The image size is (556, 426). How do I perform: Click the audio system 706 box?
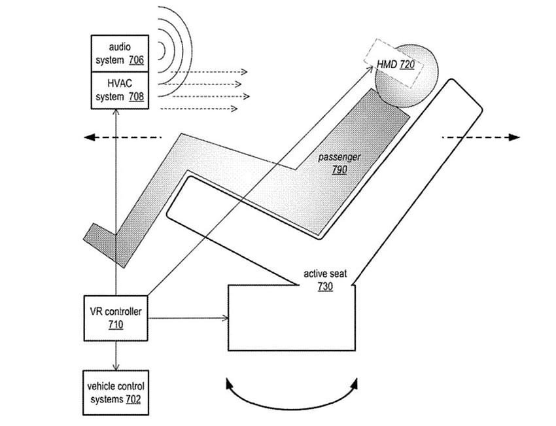tap(120, 54)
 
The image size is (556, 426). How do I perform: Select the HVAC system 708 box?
tap(120, 90)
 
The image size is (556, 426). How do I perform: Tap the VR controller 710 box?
tap(116, 318)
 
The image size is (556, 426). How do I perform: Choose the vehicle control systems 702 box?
tap(116, 393)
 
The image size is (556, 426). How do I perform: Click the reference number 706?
tap(136, 60)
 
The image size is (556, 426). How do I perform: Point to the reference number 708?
tap(136, 96)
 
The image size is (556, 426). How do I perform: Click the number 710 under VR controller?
tap(116, 325)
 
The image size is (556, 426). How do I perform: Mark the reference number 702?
tap(133, 399)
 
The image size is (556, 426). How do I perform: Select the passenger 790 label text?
tap(339, 163)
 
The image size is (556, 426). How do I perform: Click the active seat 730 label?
tap(325, 280)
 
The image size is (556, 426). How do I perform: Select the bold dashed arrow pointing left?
tap(123, 137)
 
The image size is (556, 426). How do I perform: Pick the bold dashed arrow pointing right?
tap(481, 137)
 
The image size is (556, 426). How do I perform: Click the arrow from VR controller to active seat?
tap(188, 318)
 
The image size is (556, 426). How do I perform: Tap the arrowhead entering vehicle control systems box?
tap(116, 367)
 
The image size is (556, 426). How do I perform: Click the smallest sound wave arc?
tap(162, 51)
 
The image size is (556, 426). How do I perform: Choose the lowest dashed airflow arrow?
tap(199, 108)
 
